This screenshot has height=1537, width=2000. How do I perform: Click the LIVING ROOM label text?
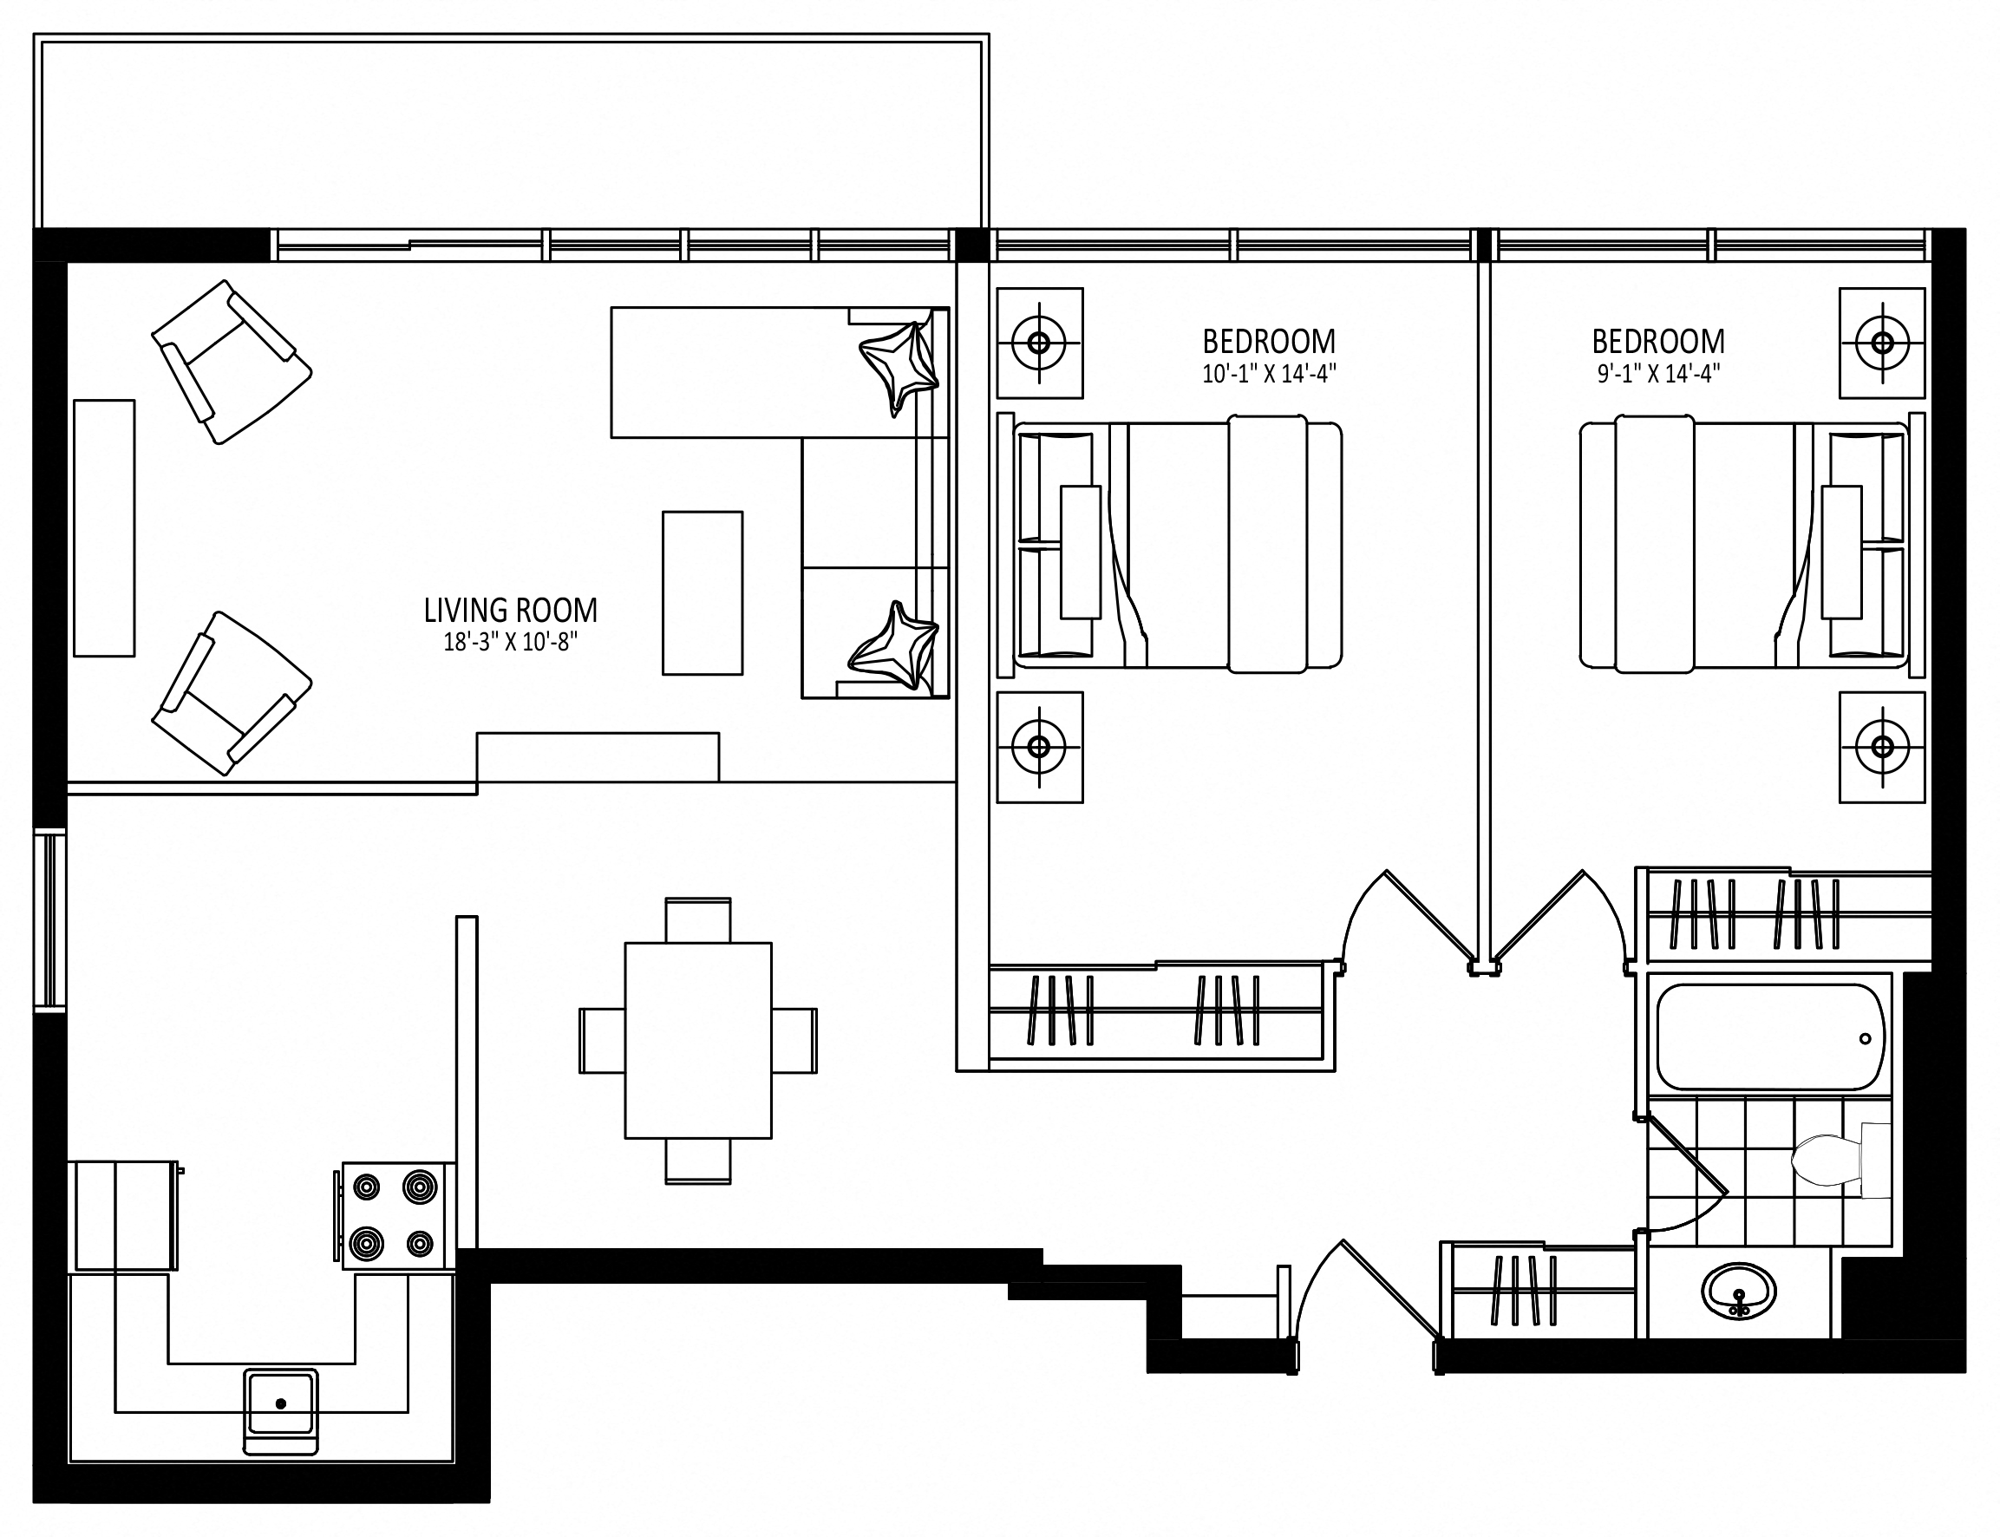(x=510, y=611)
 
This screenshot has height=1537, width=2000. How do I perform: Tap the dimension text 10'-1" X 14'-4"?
(x=1268, y=373)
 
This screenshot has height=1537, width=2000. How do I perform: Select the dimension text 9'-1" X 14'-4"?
(x=1657, y=373)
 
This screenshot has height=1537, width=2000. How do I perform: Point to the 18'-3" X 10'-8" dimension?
(x=510, y=642)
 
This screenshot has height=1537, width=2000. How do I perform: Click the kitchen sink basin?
(x=280, y=1403)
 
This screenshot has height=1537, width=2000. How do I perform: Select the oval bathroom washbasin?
(x=1738, y=1292)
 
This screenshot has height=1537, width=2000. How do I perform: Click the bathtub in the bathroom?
(x=1769, y=1036)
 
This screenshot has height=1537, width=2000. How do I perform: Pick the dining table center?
(x=698, y=1040)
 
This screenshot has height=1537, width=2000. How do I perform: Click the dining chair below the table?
(x=698, y=1161)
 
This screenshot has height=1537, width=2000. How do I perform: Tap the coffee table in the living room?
(x=702, y=592)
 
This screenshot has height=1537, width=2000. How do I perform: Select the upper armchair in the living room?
(x=232, y=363)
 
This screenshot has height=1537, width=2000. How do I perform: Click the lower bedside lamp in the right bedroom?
(x=1882, y=747)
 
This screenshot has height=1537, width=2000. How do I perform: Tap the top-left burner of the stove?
(x=367, y=1187)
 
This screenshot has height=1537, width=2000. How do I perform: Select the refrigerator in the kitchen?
(x=122, y=1215)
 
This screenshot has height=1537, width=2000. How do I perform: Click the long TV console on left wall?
(x=104, y=528)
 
